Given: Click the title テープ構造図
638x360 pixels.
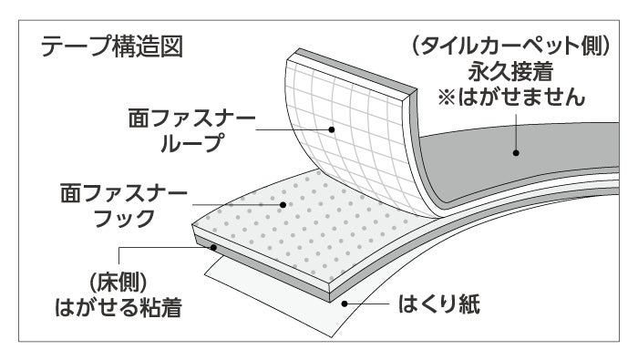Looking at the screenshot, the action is [112, 46].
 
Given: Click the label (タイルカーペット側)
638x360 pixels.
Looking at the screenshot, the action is [511, 46].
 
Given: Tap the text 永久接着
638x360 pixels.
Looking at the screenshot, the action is [510, 72].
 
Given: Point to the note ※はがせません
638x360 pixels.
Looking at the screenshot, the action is [511, 98].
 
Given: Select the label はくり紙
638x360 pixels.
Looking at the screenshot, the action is [439, 303].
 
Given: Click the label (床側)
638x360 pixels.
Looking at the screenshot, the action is [118, 282].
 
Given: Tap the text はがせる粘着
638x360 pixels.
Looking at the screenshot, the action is [118, 307].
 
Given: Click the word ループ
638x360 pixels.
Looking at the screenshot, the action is [192, 143].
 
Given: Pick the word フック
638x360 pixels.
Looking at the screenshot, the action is [124, 219].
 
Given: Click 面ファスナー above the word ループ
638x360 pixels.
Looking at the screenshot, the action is [191, 118].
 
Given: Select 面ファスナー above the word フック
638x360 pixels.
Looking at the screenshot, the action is [124, 193].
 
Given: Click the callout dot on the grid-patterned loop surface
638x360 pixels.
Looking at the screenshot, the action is [332, 129].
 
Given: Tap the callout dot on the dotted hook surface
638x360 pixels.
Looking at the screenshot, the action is [283, 205].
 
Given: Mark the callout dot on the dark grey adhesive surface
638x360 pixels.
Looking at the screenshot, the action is [516, 153].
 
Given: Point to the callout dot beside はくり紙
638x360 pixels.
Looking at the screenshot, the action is [345, 303].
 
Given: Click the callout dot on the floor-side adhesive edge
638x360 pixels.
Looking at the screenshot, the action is [213, 247].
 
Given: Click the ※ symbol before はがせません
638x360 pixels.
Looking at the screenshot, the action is [447, 98].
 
